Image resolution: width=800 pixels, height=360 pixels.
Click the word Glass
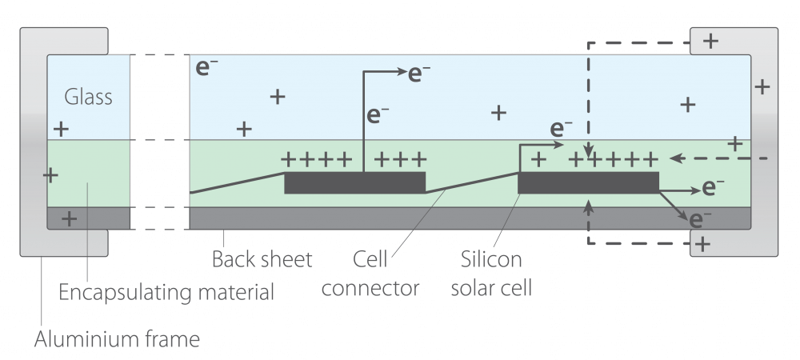tap(88, 98)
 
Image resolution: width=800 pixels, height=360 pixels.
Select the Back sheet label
tap(262, 260)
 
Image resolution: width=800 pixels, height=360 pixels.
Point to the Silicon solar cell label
tap(490, 273)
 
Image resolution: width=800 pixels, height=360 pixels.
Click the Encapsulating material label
tap(166, 292)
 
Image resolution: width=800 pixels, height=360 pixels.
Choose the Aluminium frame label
tap(117, 340)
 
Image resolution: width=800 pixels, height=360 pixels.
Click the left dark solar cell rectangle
tap(354, 182)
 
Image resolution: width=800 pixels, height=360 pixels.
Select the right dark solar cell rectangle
tap(588, 182)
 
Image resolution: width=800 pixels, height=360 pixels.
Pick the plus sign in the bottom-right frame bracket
tap(702, 243)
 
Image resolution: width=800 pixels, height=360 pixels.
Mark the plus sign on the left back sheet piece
tap(70, 218)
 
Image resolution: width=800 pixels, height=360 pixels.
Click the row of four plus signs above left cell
tap(317, 158)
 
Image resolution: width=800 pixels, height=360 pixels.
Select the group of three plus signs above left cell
tap(399, 158)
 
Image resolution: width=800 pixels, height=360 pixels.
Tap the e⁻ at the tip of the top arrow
tap(420, 73)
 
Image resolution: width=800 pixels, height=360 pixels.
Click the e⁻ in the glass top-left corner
tap(207, 67)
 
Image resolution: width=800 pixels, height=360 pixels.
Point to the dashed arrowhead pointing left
tap(677, 158)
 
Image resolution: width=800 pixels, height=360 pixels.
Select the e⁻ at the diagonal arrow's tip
tap(700, 218)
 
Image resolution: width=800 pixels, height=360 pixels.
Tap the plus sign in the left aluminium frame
tap(50, 174)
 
